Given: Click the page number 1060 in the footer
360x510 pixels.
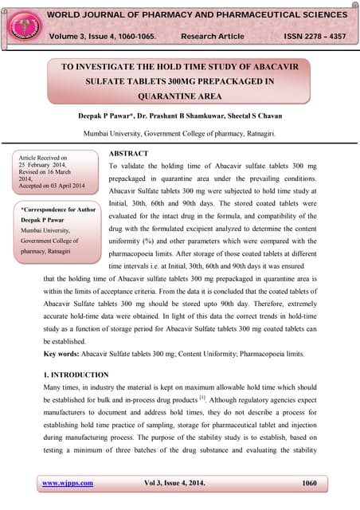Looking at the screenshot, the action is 312,483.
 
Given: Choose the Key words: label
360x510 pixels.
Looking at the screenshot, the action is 65,352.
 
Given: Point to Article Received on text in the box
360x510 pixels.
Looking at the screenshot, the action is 43,159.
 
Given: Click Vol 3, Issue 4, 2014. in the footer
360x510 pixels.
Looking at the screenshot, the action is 178,483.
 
